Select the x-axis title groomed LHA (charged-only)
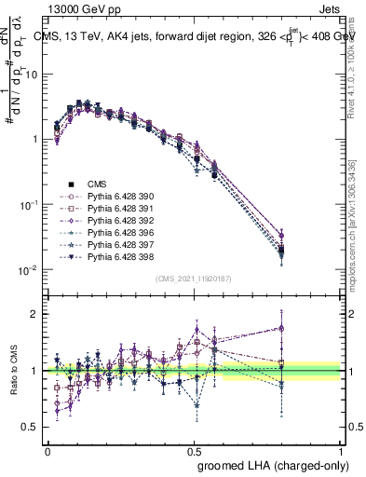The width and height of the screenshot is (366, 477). click(270, 464)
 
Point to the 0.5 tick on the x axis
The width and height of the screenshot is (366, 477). click(195, 448)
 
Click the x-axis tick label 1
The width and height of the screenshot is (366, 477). click(341, 448)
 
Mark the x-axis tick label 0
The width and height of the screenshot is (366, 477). click(48, 448)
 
